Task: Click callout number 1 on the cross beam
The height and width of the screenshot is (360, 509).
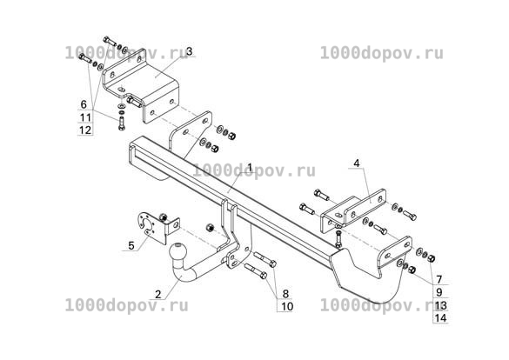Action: (x=250, y=168)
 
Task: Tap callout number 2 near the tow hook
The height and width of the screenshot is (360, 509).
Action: (x=158, y=294)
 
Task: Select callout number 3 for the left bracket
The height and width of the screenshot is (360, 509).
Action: (x=190, y=51)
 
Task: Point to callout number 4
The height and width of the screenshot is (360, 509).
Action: (x=357, y=163)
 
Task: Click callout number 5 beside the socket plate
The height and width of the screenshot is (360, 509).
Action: (x=131, y=245)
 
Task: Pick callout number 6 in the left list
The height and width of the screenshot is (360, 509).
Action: (x=84, y=104)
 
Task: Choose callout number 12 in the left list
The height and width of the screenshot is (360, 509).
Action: (x=85, y=130)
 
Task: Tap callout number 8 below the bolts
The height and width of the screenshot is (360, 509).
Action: (x=285, y=294)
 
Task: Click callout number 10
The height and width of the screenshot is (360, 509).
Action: (x=287, y=306)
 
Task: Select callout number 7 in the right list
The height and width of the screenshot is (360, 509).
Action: (x=439, y=279)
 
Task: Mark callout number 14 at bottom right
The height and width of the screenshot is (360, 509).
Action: (x=441, y=318)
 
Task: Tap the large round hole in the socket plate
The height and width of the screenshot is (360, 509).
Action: (x=147, y=224)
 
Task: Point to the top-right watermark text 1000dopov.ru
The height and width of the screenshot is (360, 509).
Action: (x=382, y=53)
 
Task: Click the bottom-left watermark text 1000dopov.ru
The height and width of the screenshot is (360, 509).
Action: (x=127, y=305)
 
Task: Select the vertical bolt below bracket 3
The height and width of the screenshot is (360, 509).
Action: (x=122, y=123)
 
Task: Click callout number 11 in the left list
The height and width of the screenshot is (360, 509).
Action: (x=85, y=117)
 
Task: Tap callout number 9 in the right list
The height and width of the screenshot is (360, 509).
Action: (x=439, y=292)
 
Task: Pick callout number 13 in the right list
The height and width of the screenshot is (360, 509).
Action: (x=441, y=305)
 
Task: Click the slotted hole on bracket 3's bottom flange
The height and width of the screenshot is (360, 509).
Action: (x=121, y=90)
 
